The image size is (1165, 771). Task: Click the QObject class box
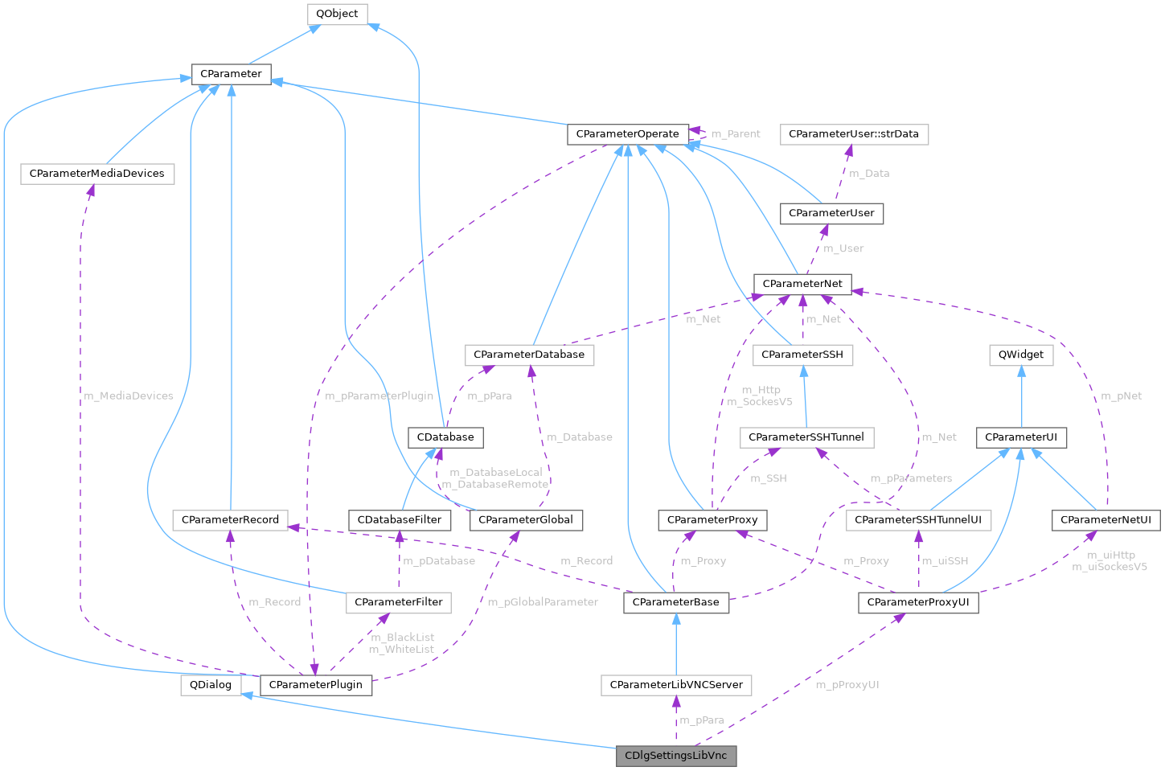pyautogui.click(x=338, y=14)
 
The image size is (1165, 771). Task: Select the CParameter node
pyautogui.click(x=231, y=74)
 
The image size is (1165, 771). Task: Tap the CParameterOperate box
pyautogui.click(x=628, y=133)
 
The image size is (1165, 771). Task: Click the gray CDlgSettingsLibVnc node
pyautogui.click(x=675, y=756)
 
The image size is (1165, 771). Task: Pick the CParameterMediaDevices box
pyautogui.click(x=96, y=174)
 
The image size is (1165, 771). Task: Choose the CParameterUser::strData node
pyautogui.click(x=854, y=133)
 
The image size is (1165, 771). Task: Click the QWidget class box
pyautogui.click(x=1021, y=355)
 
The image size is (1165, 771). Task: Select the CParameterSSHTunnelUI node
pyautogui.click(x=918, y=520)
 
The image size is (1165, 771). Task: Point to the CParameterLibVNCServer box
pyautogui.click(x=676, y=685)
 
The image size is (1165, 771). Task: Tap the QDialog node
pyautogui.click(x=206, y=685)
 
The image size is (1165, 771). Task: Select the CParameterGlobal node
pyautogui.click(x=526, y=520)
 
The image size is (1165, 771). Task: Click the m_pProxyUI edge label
pyautogui.click(x=847, y=685)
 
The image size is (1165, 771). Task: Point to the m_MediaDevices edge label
pyautogui.click(x=129, y=396)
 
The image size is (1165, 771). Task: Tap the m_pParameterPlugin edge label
pyautogui.click(x=379, y=396)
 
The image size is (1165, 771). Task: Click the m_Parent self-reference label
pyautogui.click(x=736, y=133)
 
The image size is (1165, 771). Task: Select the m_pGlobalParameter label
pyautogui.click(x=543, y=602)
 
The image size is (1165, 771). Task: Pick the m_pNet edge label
pyautogui.click(x=1121, y=396)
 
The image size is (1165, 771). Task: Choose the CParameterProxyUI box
pyautogui.click(x=918, y=602)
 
